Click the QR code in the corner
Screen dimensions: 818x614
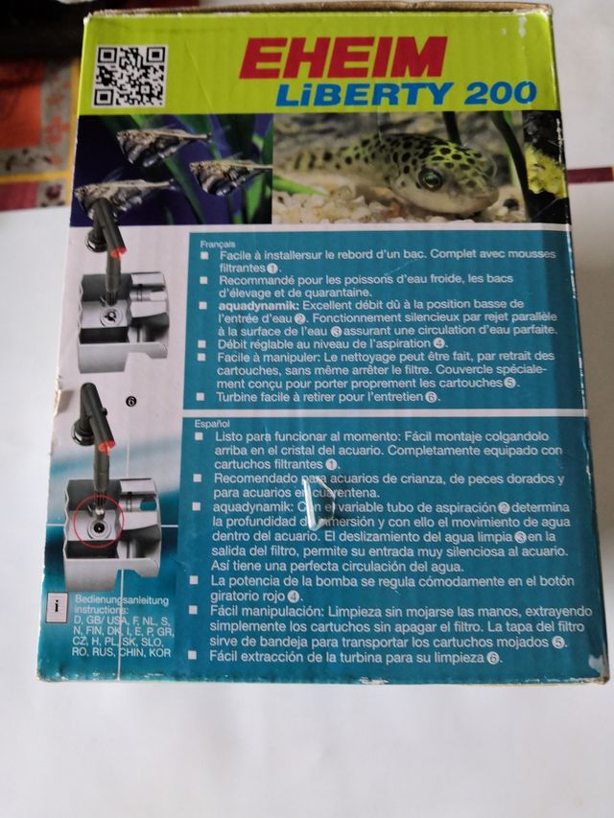point(129,76)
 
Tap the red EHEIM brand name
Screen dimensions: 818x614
point(342,58)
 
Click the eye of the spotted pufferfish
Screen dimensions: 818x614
point(432,178)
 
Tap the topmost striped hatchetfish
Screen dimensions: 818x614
point(158,144)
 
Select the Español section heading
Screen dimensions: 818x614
point(212,421)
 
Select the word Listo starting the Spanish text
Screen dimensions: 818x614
point(227,436)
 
